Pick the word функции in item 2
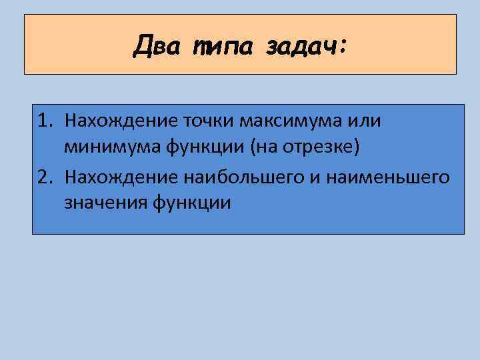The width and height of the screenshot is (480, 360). coord(193,203)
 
